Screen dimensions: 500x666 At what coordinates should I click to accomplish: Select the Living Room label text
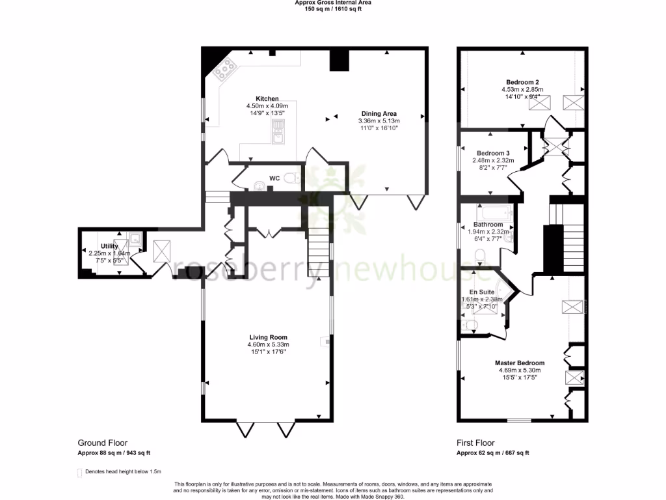click(267, 337)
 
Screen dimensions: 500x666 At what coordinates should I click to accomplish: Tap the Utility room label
click(109, 246)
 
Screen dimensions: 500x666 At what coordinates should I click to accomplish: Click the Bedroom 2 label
click(522, 82)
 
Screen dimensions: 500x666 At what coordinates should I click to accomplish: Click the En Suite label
click(482, 292)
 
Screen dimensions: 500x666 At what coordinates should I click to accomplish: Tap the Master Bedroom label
click(520, 363)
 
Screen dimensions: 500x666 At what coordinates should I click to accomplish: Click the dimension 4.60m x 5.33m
click(267, 344)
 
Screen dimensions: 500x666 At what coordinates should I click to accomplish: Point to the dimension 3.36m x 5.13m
click(379, 121)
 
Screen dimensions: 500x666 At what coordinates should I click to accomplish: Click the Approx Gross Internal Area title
click(332, 3)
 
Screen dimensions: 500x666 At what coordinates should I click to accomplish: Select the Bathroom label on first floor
click(488, 225)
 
